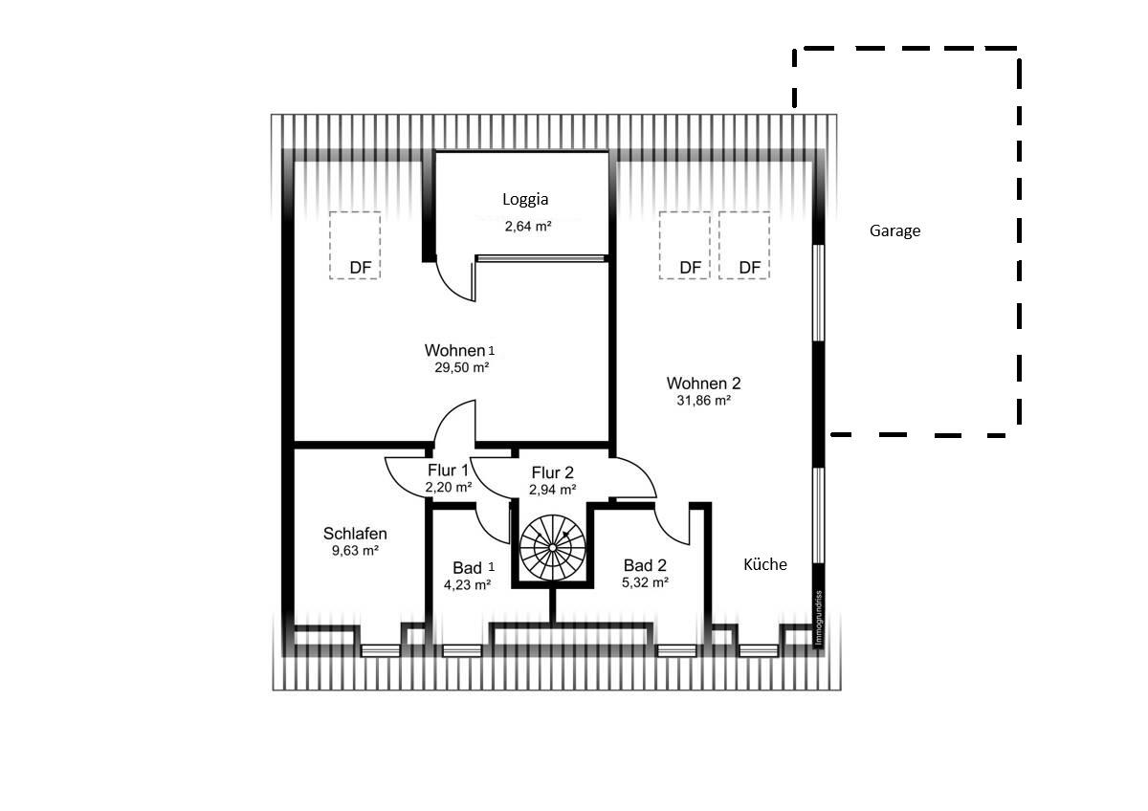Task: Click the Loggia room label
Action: (x=525, y=200)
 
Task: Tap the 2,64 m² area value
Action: (x=528, y=227)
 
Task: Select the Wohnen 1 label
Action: (x=460, y=350)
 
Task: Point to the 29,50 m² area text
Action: (x=462, y=367)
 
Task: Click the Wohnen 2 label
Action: (x=703, y=384)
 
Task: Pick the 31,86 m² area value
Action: (x=704, y=401)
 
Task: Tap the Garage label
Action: (x=894, y=231)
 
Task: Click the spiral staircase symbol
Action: (x=553, y=548)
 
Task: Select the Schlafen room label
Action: (x=355, y=534)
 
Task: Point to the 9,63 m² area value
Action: (x=355, y=551)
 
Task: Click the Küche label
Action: (x=765, y=564)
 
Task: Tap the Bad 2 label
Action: (x=645, y=565)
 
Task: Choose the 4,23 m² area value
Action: (x=468, y=584)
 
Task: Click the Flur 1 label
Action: (x=448, y=471)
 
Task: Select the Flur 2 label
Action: (x=553, y=472)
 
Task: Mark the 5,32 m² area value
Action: (x=645, y=582)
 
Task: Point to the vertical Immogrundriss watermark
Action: (x=819, y=618)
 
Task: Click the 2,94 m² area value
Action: (x=553, y=490)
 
